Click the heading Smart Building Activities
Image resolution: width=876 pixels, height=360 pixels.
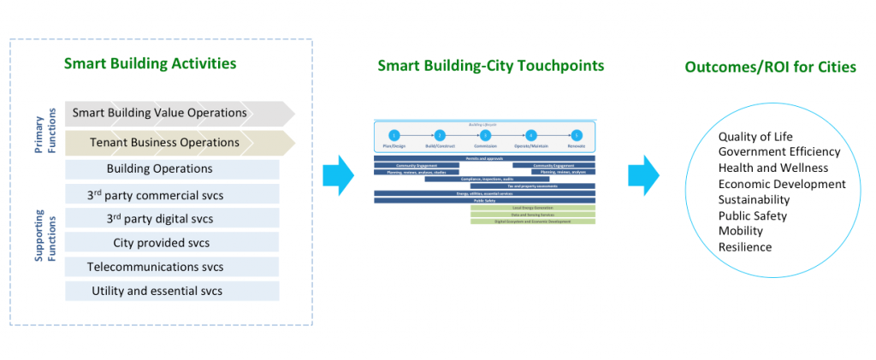click(x=150, y=63)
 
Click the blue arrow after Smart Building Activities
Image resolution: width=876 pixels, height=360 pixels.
click(x=339, y=175)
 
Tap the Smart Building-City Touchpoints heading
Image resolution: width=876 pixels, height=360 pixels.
click(x=491, y=66)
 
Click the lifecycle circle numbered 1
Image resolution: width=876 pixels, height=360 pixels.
click(x=394, y=135)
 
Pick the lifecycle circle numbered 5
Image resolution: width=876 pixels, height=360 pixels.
click(x=577, y=135)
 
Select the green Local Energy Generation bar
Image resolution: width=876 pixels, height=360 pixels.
click(x=532, y=208)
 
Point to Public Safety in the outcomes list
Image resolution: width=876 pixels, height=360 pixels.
click(x=753, y=215)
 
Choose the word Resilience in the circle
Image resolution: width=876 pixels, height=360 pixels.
click(x=745, y=247)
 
